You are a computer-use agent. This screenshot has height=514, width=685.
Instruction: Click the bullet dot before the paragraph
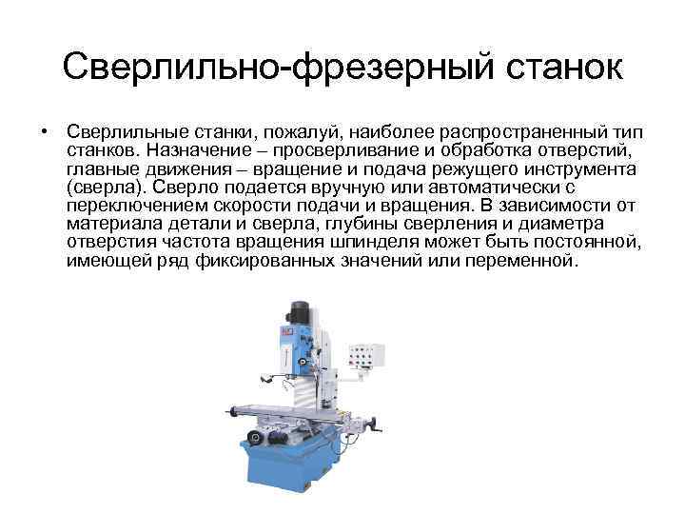tap(44, 128)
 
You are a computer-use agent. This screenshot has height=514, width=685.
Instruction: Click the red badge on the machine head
tap(283, 331)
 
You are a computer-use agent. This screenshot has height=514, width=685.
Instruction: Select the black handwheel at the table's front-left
tap(254, 439)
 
